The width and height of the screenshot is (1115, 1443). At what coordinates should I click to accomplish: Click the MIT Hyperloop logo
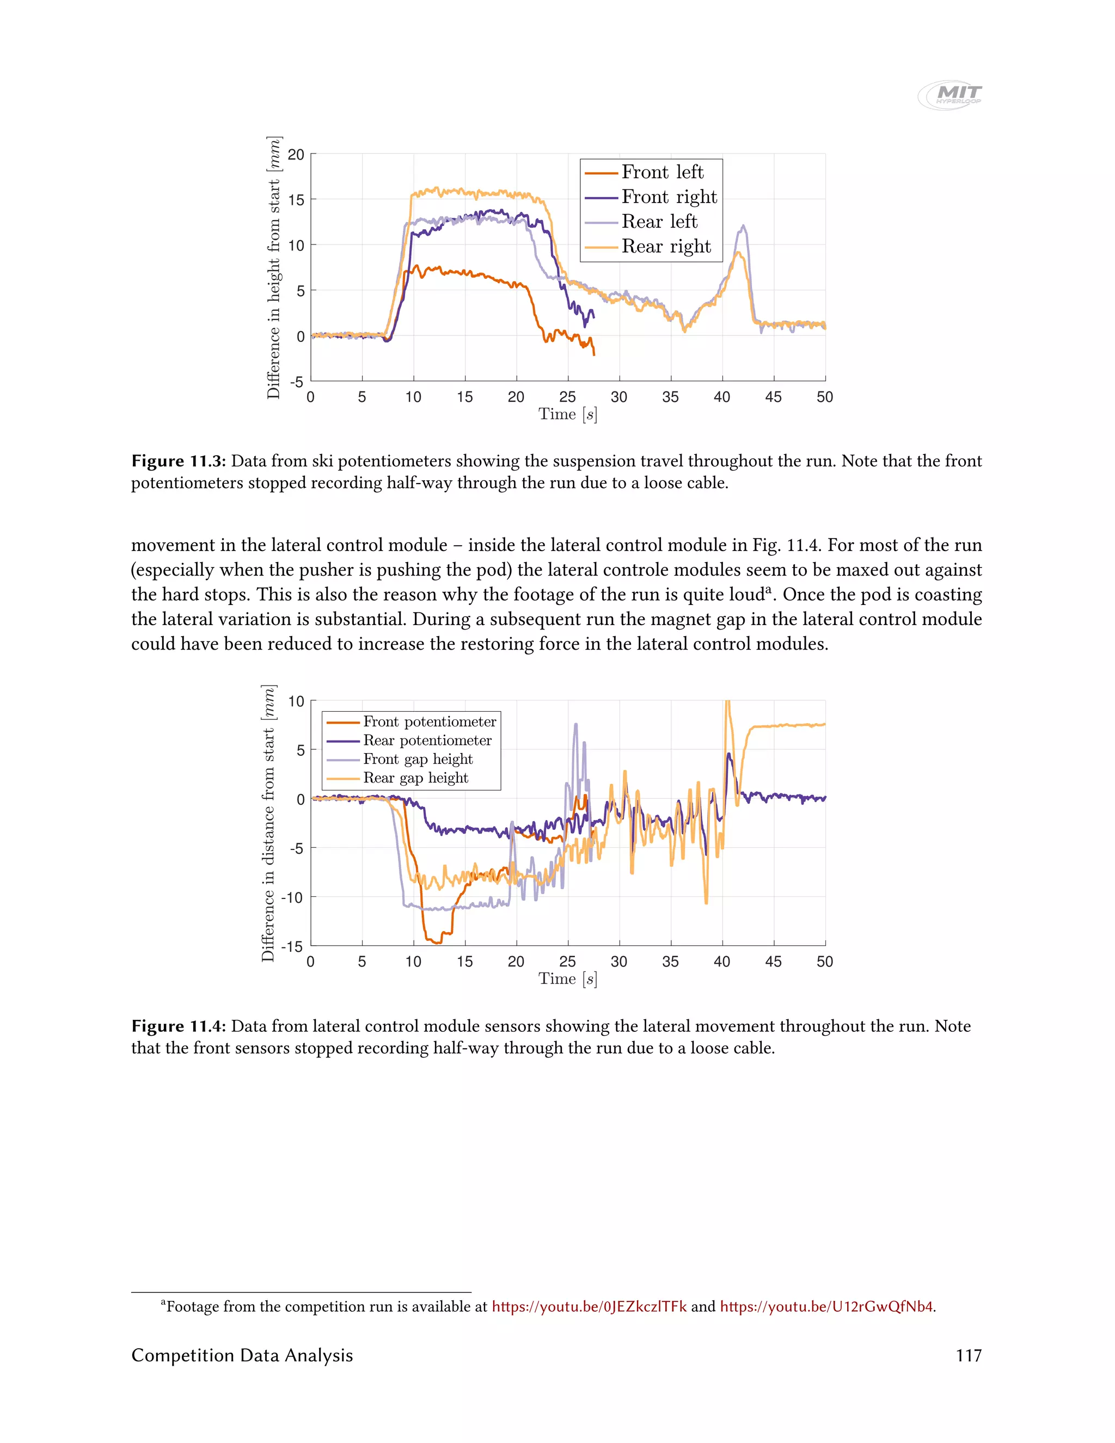[x=950, y=95]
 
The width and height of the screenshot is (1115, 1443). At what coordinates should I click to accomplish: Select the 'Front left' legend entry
[x=662, y=173]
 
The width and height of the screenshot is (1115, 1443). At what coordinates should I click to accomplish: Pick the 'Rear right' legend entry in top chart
[x=666, y=247]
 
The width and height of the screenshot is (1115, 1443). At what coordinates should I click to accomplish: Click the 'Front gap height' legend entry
[x=418, y=759]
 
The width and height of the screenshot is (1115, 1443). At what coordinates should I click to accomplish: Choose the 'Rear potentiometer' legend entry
[x=427, y=741]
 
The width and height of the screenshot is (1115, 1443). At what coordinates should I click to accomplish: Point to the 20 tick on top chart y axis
[x=296, y=155]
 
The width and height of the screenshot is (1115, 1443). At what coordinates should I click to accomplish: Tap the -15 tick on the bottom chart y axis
[x=291, y=947]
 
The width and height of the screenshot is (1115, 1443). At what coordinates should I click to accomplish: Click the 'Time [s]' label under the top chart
[x=567, y=415]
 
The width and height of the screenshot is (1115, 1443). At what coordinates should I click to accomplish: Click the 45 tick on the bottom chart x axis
[x=774, y=962]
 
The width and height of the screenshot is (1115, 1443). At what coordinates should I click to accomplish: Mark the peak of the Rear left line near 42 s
[x=744, y=226]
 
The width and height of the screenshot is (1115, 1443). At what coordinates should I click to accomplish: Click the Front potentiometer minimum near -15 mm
[x=437, y=942]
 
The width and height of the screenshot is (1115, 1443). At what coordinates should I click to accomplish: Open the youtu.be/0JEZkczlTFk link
[x=589, y=1306]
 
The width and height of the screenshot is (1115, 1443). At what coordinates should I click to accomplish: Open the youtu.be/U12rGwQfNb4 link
[x=826, y=1306]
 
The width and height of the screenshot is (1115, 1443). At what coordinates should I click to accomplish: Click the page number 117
[x=969, y=1356]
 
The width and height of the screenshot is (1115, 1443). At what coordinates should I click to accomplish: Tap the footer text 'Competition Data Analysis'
[x=242, y=1356]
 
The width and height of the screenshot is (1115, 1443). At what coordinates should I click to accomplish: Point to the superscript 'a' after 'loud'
[x=768, y=590]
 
